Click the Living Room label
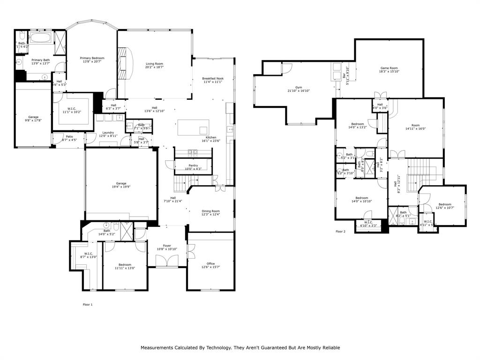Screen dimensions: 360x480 coord(154,64)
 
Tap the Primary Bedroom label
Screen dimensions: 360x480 coord(92,58)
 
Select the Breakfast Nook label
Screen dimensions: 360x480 coord(213,78)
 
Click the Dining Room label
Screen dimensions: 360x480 coord(210,211)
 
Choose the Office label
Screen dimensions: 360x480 coord(210,263)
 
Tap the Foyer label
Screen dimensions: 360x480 coord(167,246)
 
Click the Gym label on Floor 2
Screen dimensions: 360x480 coord(298,87)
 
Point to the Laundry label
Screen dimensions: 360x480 coord(108,133)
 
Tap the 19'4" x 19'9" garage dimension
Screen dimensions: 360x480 coord(121,187)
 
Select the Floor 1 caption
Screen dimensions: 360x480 coord(88,305)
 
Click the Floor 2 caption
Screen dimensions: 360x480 coord(340,232)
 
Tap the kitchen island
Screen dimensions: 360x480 coord(193,127)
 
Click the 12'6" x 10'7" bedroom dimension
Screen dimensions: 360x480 coord(445,208)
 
